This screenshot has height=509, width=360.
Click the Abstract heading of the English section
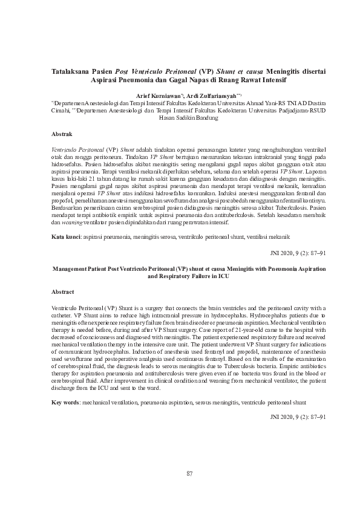tap(64, 291)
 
